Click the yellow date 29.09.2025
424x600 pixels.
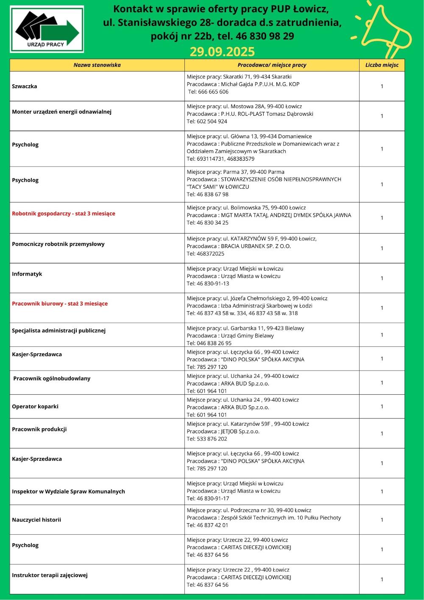(222, 52)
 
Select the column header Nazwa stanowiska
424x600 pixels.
(97, 65)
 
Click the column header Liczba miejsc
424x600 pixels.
(382, 65)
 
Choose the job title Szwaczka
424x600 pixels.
(25, 86)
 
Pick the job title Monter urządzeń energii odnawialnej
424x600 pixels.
(61, 112)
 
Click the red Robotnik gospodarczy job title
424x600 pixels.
(64, 214)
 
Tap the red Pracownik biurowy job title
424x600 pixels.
(60, 304)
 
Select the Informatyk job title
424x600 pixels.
(27, 274)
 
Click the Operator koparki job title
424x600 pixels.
(35, 406)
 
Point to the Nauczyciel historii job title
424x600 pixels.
(36, 519)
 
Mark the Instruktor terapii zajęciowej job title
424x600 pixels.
(50, 575)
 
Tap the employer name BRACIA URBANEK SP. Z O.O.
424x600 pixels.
(256, 246)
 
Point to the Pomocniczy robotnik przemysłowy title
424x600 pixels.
(58, 244)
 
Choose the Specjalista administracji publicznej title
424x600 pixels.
(59, 330)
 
